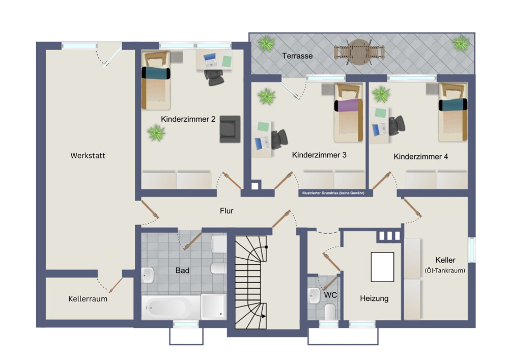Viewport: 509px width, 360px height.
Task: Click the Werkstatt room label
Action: (x=88, y=155)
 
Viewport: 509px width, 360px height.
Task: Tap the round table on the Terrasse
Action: (x=359, y=52)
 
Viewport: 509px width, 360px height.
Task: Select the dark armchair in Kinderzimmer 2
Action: (x=230, y=129)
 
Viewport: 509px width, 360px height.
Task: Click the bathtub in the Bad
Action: (x=171, y=307)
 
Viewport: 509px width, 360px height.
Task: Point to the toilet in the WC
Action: (x=330, y=311)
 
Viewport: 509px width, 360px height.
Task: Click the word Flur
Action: (x=227, y=211)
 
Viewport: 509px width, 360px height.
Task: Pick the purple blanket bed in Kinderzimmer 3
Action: (x=348, y=113)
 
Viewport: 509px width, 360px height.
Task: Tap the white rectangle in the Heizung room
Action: (x=382, y=267)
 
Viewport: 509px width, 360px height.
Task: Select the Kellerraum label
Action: (x=88, y=299)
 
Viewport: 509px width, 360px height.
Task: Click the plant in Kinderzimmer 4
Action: (x=381, y=95)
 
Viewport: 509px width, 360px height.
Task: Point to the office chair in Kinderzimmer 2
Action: (x=214, y=77)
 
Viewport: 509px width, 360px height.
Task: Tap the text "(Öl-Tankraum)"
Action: (x=445, y=270)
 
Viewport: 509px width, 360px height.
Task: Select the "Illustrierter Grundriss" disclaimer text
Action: (x=333, y=193)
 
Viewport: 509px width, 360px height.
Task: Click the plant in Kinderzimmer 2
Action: (x=156, y=133)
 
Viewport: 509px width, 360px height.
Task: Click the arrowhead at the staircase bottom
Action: (x=264, y=316)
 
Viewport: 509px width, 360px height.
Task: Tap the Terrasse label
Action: (x=297, y=56)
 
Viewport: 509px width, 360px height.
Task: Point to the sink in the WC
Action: (x=314, y=295)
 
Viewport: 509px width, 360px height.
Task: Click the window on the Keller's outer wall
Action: (x=472, y=250)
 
